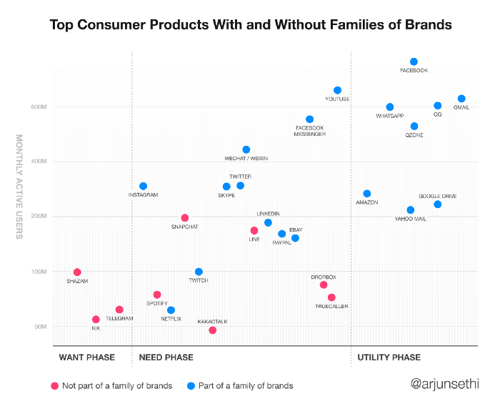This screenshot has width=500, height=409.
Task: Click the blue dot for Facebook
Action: coord(414,61)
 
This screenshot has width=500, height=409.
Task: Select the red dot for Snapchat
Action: coord(185,217)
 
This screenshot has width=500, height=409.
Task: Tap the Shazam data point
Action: coord(77,272)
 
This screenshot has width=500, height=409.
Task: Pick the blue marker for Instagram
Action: coord(143,186)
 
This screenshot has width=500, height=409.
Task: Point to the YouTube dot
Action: coord(337,90)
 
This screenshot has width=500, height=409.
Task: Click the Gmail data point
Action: coord(461,99)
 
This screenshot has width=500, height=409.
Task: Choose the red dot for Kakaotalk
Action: coord(212,330)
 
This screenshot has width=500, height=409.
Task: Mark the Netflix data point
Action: coord(171,310)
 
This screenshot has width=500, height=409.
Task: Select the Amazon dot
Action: coord(366,193)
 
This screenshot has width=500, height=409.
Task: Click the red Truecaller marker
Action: coord(331,297)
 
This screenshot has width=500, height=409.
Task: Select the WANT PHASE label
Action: coord(82,357)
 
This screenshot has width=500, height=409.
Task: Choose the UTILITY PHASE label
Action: coord(389,357)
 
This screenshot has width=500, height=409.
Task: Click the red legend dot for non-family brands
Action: coord(54,385)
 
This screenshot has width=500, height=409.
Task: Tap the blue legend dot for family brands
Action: coord(190,385)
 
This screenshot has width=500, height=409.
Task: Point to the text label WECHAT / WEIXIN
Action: coord(246,159)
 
